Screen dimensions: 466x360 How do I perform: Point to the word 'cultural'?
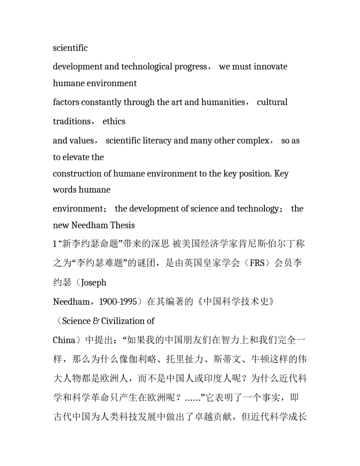tap(272, 102)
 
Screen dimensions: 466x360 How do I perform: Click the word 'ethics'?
tap(114, 121)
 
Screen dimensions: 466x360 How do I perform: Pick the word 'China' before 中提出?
tap(64, 340)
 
